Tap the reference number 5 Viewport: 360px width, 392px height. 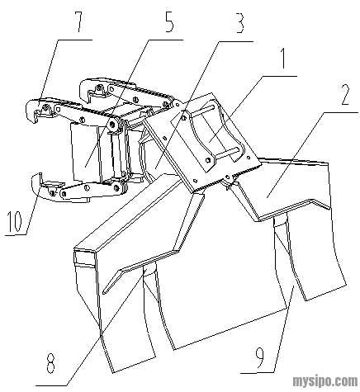pyautogui.click(x=168, y=22)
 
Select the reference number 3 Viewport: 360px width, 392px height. pyautogui.click(x=239, y=23)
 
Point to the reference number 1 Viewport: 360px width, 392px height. pyautogui.click(x=282, y=58)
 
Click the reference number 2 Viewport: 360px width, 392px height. pyautogui.click(x=345, y=94)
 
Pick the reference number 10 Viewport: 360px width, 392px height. pyautogui.click(x=16, y=221)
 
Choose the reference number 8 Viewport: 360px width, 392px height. pyautogui.click(x=51, y=362)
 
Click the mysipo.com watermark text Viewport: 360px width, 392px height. pyautogui.click(x=325, y=381)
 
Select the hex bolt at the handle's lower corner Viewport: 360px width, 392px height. pyautogui.click(x=207, y=160)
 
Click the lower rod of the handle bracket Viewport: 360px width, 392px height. pyautogui.click(x=225, y=154)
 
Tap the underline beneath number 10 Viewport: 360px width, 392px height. pyautogui.click(x=16, y=235)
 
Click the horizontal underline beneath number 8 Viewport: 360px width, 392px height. pyautogui.click(x=52, y=385)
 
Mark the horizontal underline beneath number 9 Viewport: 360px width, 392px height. pyautogui.click(x=258, y=373)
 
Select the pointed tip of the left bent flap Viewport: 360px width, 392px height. pyautogui.click(x=105, y=291)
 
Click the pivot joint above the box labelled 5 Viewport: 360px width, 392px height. pyautogui.click(x=112, y=125)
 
